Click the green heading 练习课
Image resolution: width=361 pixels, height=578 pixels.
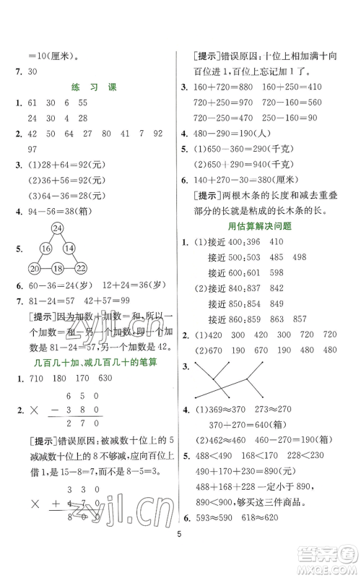click(90, 87)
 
